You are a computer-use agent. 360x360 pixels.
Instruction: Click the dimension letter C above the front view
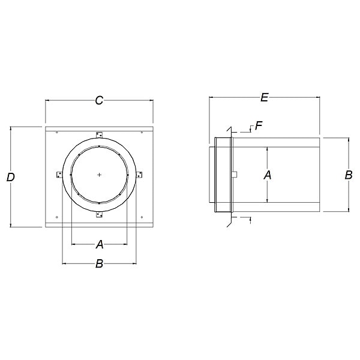pos(99,101)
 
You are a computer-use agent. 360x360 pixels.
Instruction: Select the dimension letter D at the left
pos(11,177)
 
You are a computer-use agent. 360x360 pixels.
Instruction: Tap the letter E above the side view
pos(265,97)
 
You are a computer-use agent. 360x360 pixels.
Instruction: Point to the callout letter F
pos(259,125)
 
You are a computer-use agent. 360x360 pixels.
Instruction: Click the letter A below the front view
pos(100,244)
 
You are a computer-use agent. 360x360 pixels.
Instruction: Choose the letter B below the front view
pos(99,263)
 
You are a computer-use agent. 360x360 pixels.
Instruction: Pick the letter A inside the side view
pos(267,175)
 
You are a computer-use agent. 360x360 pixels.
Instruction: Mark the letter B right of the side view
pos(349,175)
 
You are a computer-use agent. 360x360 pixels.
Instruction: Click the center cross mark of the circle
pos(99,175)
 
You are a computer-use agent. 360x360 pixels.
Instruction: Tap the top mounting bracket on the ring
pos(99,135)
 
